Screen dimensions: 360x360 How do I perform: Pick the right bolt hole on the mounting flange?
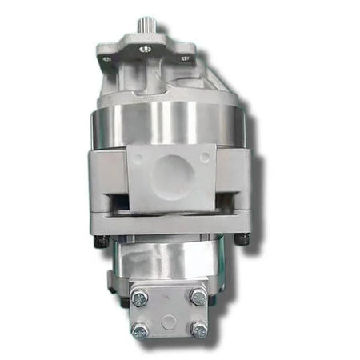(185, 58)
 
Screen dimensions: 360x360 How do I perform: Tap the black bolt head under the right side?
(243, 238)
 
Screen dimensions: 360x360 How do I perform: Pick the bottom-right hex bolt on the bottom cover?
(199, 329)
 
